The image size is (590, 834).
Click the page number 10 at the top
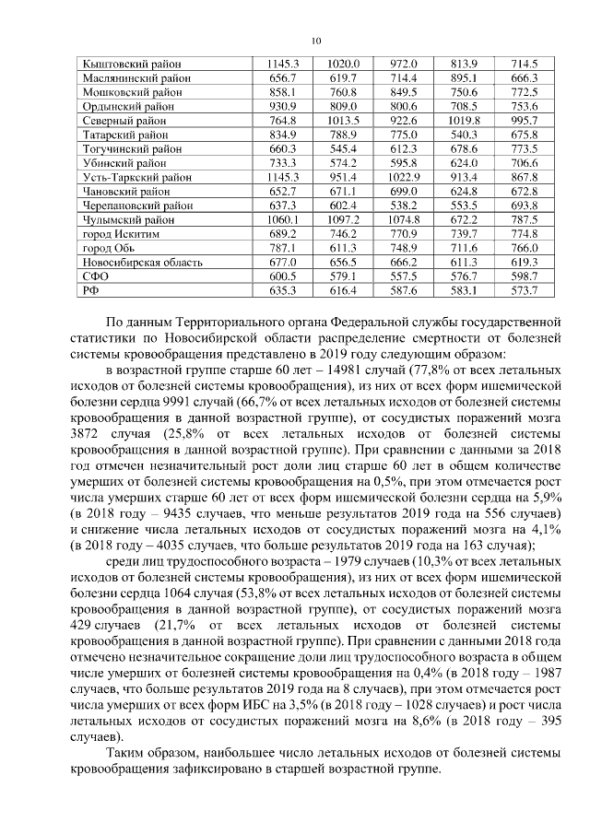316,40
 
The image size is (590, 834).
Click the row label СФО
97,276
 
